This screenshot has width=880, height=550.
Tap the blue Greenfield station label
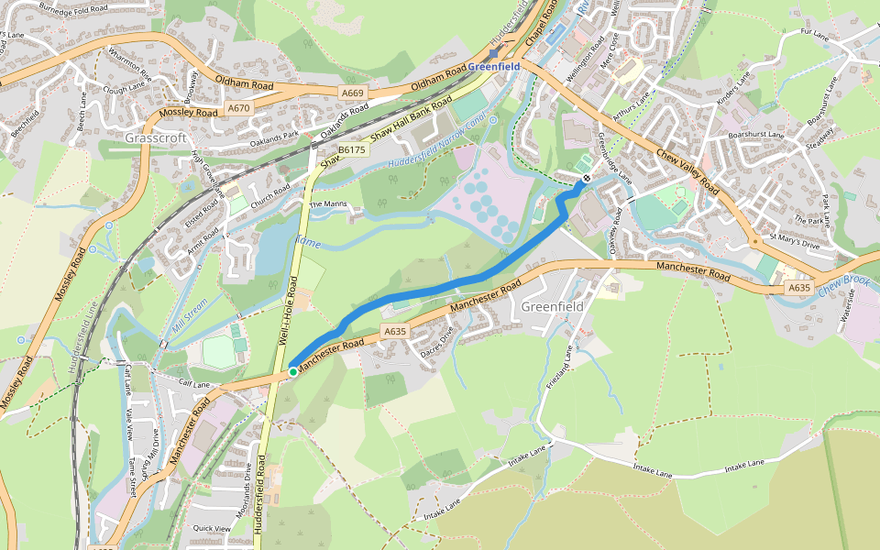tap(494, 67)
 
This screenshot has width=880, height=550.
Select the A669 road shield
tap(352, 93)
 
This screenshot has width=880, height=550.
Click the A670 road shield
tap(238, 108)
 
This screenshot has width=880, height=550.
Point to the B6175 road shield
tap(351, 149)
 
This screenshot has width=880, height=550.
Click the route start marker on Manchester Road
tap(292, 371)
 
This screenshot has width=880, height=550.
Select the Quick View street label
tap(212, 528)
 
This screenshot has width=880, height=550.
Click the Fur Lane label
tap(813, 33)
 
